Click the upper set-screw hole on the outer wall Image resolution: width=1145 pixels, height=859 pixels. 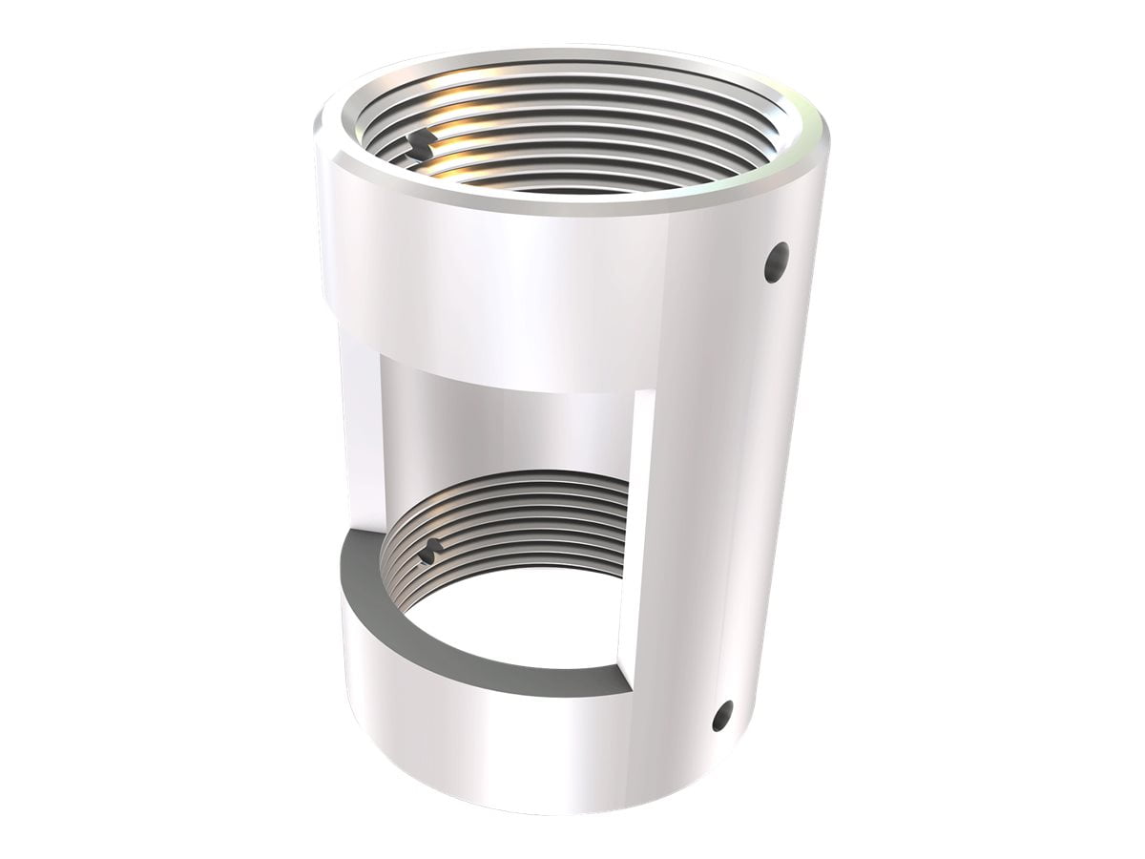pyautogui.click(x=778, y=262)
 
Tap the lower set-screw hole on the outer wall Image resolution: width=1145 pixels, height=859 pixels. pyautogui.click(x=722, y=715)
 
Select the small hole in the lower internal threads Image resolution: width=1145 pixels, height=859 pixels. pyautogui.click(x=431, y=549)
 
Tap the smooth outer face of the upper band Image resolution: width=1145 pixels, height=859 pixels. pyautogui.click(x=496, y=286)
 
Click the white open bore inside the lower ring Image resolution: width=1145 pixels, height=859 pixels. pyautogui.click(x=515, y=611)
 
